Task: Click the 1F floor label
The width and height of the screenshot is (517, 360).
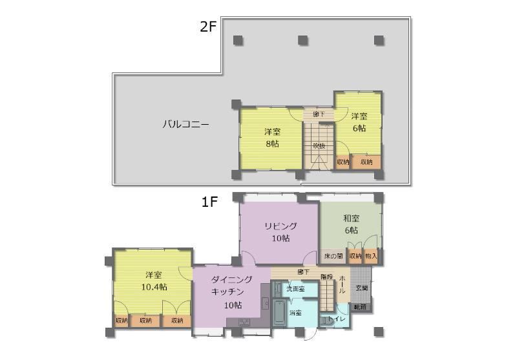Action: pos(209,202)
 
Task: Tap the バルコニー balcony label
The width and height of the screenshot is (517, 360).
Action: pos(185,123)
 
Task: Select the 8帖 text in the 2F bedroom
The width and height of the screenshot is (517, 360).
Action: pos(271,143)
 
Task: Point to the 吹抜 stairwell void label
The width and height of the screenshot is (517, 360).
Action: pos(319,145)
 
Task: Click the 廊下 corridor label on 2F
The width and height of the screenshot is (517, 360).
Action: pos(319,114)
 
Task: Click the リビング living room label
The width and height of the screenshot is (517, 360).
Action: pos(280,226)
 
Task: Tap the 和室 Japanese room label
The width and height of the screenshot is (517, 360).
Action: pos(352,218)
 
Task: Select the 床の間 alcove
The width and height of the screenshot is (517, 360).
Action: pos(333,257)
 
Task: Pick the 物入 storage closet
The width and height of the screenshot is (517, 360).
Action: pos(371,257)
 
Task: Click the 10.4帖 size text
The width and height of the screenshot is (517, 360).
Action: pos(153,287)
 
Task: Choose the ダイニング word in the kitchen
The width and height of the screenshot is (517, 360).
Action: pos(231,280)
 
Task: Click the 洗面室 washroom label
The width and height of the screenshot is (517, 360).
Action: pos(295,289)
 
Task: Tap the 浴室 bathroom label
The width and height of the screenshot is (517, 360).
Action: pos(296,313)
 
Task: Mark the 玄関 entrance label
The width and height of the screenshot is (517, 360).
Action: pos(361,288)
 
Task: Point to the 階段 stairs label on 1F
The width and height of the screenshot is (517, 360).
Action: pos(326,277)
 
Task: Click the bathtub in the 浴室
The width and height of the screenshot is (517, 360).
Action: pos(279,315)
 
